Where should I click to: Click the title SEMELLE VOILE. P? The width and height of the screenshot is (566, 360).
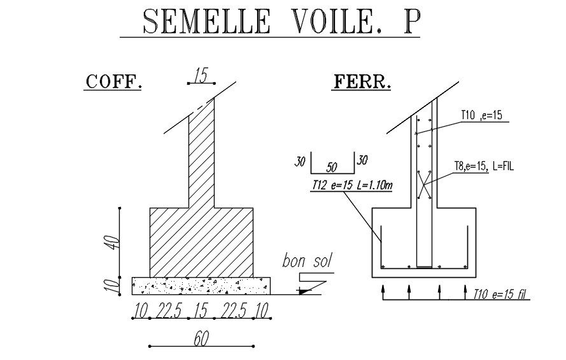[281, 21]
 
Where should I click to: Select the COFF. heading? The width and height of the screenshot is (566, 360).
[113, 82]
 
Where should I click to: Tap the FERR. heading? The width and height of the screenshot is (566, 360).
[362, 82]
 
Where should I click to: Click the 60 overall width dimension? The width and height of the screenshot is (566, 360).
[201, 339]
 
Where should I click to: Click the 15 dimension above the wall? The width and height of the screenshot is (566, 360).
[201, 75]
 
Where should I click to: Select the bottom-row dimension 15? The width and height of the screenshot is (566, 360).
[201, 310]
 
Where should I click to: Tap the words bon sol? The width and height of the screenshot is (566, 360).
[307, 261]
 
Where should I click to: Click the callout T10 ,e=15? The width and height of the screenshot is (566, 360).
[481, 115]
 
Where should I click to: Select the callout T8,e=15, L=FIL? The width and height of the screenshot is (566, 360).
[484, 166]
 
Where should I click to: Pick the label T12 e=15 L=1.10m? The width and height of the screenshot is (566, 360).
[352, 185]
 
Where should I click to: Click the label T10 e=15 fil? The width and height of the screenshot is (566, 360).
[500, 294]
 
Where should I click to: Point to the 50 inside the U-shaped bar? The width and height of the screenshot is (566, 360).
[332, 167]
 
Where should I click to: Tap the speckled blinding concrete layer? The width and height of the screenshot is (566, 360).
[201, 286]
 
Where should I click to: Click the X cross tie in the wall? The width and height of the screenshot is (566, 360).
[424, 185]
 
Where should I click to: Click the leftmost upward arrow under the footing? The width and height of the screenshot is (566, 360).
[383, 292]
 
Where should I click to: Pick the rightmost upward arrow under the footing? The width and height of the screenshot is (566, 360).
[465, 292]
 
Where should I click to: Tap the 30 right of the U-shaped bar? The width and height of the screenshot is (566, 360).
[362, 160]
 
